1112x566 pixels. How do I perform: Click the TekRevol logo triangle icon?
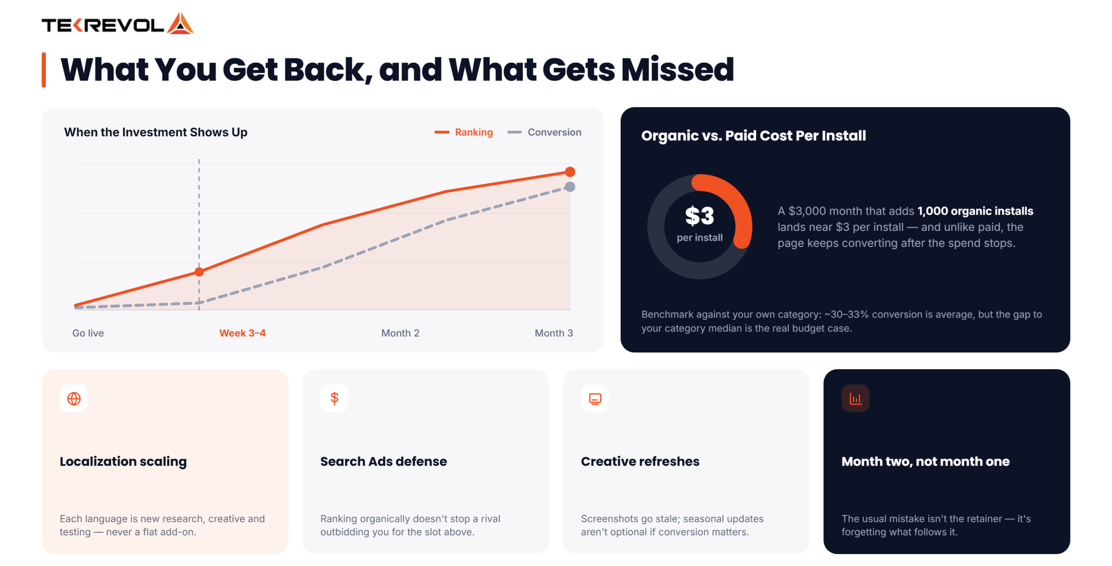(180, 23)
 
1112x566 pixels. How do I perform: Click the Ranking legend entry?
(464, 132)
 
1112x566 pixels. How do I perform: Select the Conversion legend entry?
(544, 132)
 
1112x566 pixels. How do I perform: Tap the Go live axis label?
(88, 333)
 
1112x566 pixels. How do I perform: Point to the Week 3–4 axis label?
(243, 333)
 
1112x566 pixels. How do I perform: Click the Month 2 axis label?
(400, 333)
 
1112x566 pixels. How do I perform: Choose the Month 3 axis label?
(554, 333)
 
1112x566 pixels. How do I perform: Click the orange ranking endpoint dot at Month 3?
(570, 172)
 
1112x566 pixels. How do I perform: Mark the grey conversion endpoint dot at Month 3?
(570, 187)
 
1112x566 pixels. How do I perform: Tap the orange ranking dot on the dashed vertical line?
(199, 272)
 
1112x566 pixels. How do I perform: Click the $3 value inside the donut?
(699, 216)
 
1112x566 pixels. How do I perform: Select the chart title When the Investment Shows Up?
(156, 132)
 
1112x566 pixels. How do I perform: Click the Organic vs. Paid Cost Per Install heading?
(754, 136)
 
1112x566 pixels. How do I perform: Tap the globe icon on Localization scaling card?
(74, 398)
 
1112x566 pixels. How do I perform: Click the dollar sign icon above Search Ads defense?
(335, 398)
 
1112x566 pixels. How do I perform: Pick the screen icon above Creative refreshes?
(595, 398)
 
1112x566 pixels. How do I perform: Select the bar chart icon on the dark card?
(855, 398)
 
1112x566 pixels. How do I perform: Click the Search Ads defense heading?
(384, 462)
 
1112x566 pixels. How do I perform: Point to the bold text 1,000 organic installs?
(975, 211)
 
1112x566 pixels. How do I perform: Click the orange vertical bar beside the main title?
(44, 70)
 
